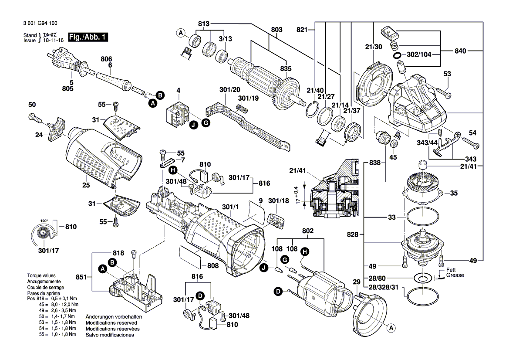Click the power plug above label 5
tap(64, 61)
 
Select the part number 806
tap(106, 59)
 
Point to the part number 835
tap(286, 69)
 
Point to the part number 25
tap(86, 185)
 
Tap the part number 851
tap(82, 276)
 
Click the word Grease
tap(455, 275)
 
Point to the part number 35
tap(454, 193)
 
